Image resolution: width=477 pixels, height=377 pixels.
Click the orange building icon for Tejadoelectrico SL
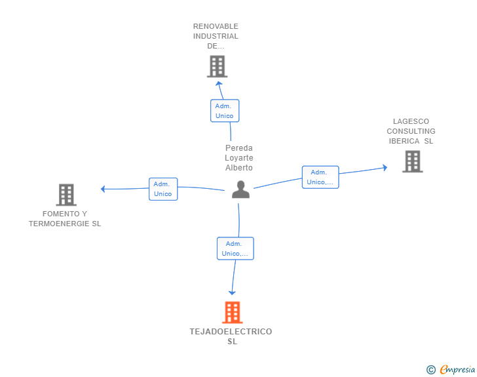click(232, 313)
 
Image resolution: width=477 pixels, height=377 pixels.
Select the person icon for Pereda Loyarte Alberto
click(240, 189)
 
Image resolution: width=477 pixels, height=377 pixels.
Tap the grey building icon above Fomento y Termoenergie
click(66, 195)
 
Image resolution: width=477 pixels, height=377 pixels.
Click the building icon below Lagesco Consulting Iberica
click(412, 161)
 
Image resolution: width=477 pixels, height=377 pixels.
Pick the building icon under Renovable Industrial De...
click(217, 66)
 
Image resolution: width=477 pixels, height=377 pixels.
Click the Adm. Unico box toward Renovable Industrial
click(224, 111)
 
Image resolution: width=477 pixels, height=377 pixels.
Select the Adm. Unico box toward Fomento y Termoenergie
click(162, 189)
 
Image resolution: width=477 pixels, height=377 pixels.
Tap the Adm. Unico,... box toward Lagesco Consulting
click(320, 177)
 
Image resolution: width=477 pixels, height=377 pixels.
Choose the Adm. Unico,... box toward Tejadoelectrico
click(235, 248)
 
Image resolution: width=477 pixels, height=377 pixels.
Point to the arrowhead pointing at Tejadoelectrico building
click(231, 292)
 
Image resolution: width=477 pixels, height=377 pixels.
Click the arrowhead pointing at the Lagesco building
click(385, 168)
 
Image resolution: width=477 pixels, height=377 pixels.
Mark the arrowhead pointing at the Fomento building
click(104, 189)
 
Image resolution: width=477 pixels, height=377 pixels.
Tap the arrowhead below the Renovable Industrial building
click(218, 83)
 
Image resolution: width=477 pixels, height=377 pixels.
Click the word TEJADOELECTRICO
click(231, 332)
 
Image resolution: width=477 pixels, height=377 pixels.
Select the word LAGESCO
click(411, 121)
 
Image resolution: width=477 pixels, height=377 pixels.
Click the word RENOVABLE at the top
click(216, 26)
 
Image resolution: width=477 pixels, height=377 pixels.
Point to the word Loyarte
click(238, 158)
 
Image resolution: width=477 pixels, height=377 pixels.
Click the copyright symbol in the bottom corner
click(430, 370)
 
